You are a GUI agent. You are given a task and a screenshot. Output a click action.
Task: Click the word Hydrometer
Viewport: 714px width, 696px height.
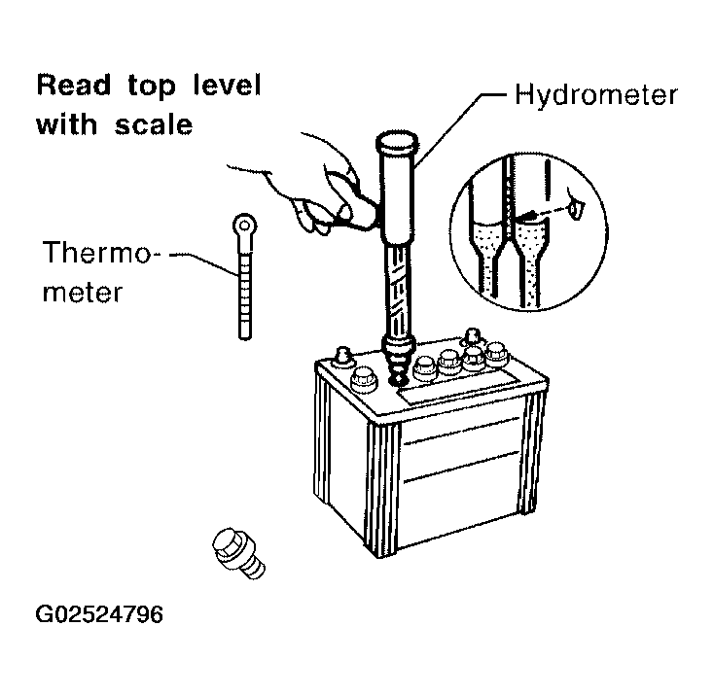[x=596, y=95]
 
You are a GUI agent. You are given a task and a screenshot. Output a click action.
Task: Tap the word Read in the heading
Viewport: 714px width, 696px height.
[x=74, y=85]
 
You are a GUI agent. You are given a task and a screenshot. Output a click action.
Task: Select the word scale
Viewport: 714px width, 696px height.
[x=154, y=124]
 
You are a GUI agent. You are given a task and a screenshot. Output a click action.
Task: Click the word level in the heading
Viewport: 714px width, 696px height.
[x=227, y=85]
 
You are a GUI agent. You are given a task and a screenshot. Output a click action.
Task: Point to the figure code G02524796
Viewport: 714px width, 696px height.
[x=99, y=614]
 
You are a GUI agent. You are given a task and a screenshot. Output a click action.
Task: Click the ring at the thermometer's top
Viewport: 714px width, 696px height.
[x=244, y=225]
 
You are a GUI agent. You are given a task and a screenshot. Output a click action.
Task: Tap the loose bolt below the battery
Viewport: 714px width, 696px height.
[x=238, y=553]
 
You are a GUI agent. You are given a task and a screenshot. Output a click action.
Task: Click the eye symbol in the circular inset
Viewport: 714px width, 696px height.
[x=575, y=208]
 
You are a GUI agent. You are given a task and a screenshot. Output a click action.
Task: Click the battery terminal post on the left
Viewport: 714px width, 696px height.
[x=342, y=356]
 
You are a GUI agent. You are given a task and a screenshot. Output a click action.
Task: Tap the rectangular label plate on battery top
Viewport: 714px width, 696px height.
[x=457, y=386]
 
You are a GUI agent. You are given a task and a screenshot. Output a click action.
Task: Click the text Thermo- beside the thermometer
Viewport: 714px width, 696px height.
[x=101, y=253]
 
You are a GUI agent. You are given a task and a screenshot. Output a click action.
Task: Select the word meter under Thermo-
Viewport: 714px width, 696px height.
[x=83, y=292]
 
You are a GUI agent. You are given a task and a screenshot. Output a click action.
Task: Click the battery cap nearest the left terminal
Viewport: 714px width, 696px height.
[x=363, y=380]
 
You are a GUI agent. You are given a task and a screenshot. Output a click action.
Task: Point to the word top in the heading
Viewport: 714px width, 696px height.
[x=151, y=87]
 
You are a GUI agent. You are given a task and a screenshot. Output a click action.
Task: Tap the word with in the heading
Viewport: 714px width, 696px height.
[x=66, y=124]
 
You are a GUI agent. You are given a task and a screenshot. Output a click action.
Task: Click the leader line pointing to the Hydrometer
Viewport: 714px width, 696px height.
[x=460, y=130]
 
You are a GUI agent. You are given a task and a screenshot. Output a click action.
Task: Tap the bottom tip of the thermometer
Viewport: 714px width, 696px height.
[x=245, y=337]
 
